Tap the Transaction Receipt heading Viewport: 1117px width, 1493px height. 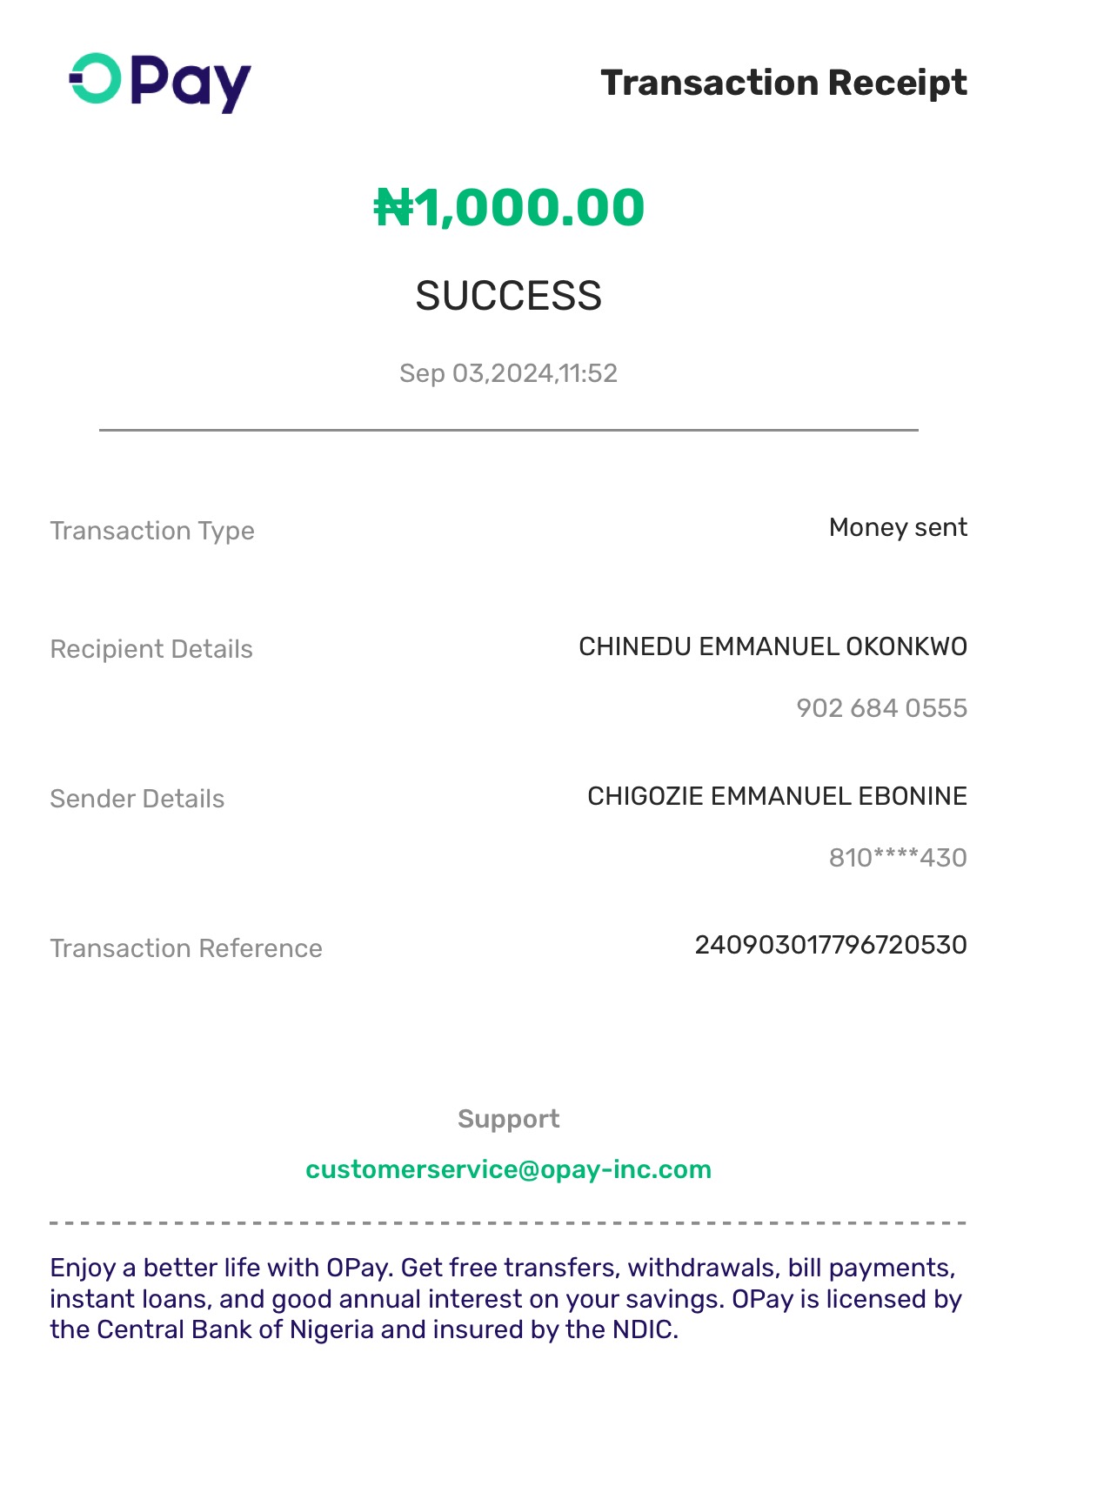point(783,83)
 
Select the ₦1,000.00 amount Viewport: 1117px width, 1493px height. point(509,208)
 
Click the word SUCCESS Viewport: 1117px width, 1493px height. point(508,296)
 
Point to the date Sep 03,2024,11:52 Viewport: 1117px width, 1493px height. point(508,373)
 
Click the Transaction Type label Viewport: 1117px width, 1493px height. point(152,531)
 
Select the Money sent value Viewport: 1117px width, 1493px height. point(897,527)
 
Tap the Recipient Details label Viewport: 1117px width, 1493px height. point(151,649)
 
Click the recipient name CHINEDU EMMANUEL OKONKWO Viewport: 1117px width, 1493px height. point(773,646)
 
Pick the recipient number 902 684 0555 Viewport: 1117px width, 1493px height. point(881,708)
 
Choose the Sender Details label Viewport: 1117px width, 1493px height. point(137,799)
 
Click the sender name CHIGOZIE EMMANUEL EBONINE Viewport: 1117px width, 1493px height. point(777,796)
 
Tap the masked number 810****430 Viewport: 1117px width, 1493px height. point(897,858)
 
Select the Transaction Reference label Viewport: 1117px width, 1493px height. point(186,948)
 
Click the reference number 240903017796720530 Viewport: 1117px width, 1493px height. point(830,945)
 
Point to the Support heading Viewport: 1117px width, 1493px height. point(508,1119)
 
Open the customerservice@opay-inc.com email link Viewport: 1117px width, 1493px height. point(508,1169)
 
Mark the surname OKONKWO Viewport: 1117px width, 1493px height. point(906,646)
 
